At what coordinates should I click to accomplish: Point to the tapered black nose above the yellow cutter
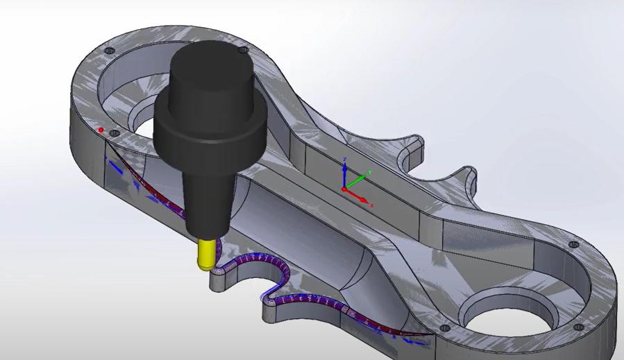(x=205, y=201)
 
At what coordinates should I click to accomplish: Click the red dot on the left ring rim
(x=101, y=130)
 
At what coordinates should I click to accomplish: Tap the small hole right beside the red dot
(x=115, y=132)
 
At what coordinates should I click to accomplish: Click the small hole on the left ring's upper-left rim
(x=108, y=51)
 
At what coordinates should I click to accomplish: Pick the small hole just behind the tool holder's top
(x=242, y=51)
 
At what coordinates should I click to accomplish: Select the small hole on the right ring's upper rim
(x=573, y=245)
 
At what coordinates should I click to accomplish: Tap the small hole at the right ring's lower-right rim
(x=578, y=327)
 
